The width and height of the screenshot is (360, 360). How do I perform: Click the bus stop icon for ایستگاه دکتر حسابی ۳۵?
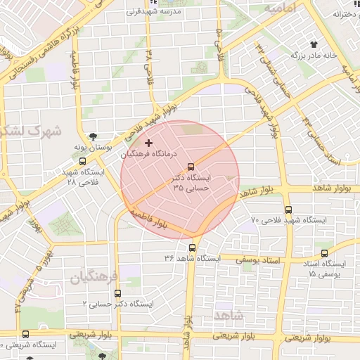[191, 167]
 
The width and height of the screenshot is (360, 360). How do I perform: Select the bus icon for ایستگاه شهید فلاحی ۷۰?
[288, 210]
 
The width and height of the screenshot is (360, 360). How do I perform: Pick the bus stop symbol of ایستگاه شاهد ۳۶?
[192, 247]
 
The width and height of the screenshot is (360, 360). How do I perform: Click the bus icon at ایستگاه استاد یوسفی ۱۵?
[324, 254]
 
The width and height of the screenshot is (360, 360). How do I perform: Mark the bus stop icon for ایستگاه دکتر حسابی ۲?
[117, 292]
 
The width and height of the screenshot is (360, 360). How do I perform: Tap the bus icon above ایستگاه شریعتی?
[26, 335]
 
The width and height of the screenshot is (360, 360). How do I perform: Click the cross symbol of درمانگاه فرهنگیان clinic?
[148, 143]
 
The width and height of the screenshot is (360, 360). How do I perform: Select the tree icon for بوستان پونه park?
[94, 137]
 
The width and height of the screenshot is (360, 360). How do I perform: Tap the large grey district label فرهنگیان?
[96, 275]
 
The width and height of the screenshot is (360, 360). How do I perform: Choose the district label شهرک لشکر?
[32, 131]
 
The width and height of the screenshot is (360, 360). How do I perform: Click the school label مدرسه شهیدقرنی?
[153, 12]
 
